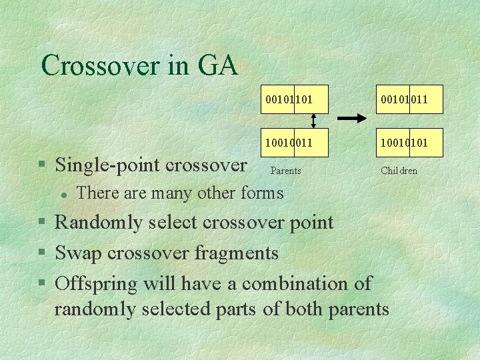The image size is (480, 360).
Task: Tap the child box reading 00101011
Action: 404,100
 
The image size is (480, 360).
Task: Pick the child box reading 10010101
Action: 404,142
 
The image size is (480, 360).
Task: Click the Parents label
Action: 285,171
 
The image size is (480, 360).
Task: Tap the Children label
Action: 399,171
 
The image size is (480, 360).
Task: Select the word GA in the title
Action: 217,65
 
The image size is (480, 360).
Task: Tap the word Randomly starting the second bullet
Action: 98,222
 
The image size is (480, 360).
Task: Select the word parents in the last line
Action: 356,310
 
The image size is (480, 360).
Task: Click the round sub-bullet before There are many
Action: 61,194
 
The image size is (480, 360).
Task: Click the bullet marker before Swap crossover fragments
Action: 42,253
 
